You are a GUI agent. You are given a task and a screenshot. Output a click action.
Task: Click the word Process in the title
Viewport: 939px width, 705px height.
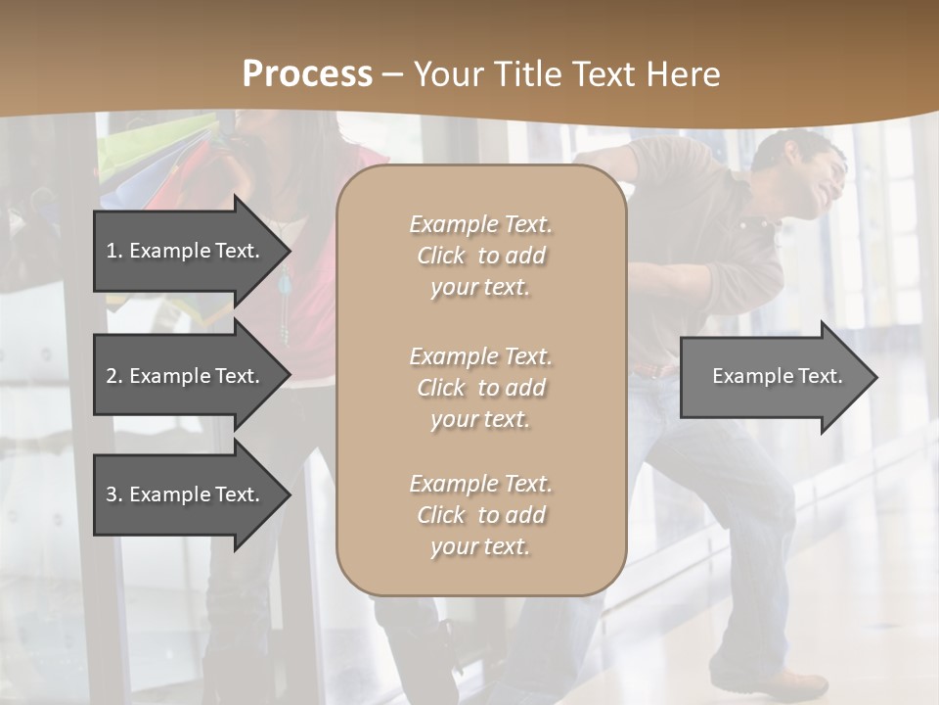tap(307, 74)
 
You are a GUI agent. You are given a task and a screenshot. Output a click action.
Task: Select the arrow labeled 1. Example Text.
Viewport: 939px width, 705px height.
tap(183, 251)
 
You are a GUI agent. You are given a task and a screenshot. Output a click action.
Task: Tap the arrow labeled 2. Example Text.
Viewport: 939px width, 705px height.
tap(183, 376)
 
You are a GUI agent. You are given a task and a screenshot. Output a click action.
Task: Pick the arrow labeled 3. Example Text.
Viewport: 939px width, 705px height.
tap(183, 494)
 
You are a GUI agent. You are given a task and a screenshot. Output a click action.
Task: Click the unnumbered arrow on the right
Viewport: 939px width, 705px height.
tap(777, 377)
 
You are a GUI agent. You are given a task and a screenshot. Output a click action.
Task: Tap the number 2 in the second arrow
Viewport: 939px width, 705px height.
tap(112, 376)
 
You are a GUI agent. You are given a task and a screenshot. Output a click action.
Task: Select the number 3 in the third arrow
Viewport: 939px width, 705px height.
tap(112, 494)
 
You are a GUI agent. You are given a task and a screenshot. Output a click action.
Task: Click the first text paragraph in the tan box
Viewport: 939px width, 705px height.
tap(480, 256)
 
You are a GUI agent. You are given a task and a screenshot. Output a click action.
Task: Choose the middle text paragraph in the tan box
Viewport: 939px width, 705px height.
tap(480, 388)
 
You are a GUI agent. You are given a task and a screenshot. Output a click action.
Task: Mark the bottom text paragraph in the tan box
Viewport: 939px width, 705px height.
tap(480, 515)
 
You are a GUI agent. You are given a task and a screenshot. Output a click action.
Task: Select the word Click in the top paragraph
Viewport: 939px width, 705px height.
tap(441, 256)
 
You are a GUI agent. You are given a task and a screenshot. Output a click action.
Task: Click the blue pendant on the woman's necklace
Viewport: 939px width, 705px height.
tap(285, 285)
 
